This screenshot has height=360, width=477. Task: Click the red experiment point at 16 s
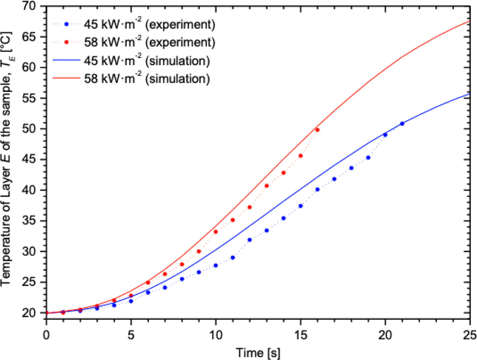318,130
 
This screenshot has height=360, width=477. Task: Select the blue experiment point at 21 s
402,124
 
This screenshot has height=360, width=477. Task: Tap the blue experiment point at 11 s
233,258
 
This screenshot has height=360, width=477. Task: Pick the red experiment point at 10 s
215,232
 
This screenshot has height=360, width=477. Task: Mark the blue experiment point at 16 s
318,189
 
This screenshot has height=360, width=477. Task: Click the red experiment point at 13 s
266,186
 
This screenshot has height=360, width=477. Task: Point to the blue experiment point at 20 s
385,135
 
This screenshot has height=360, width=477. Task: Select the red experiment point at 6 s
148,283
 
